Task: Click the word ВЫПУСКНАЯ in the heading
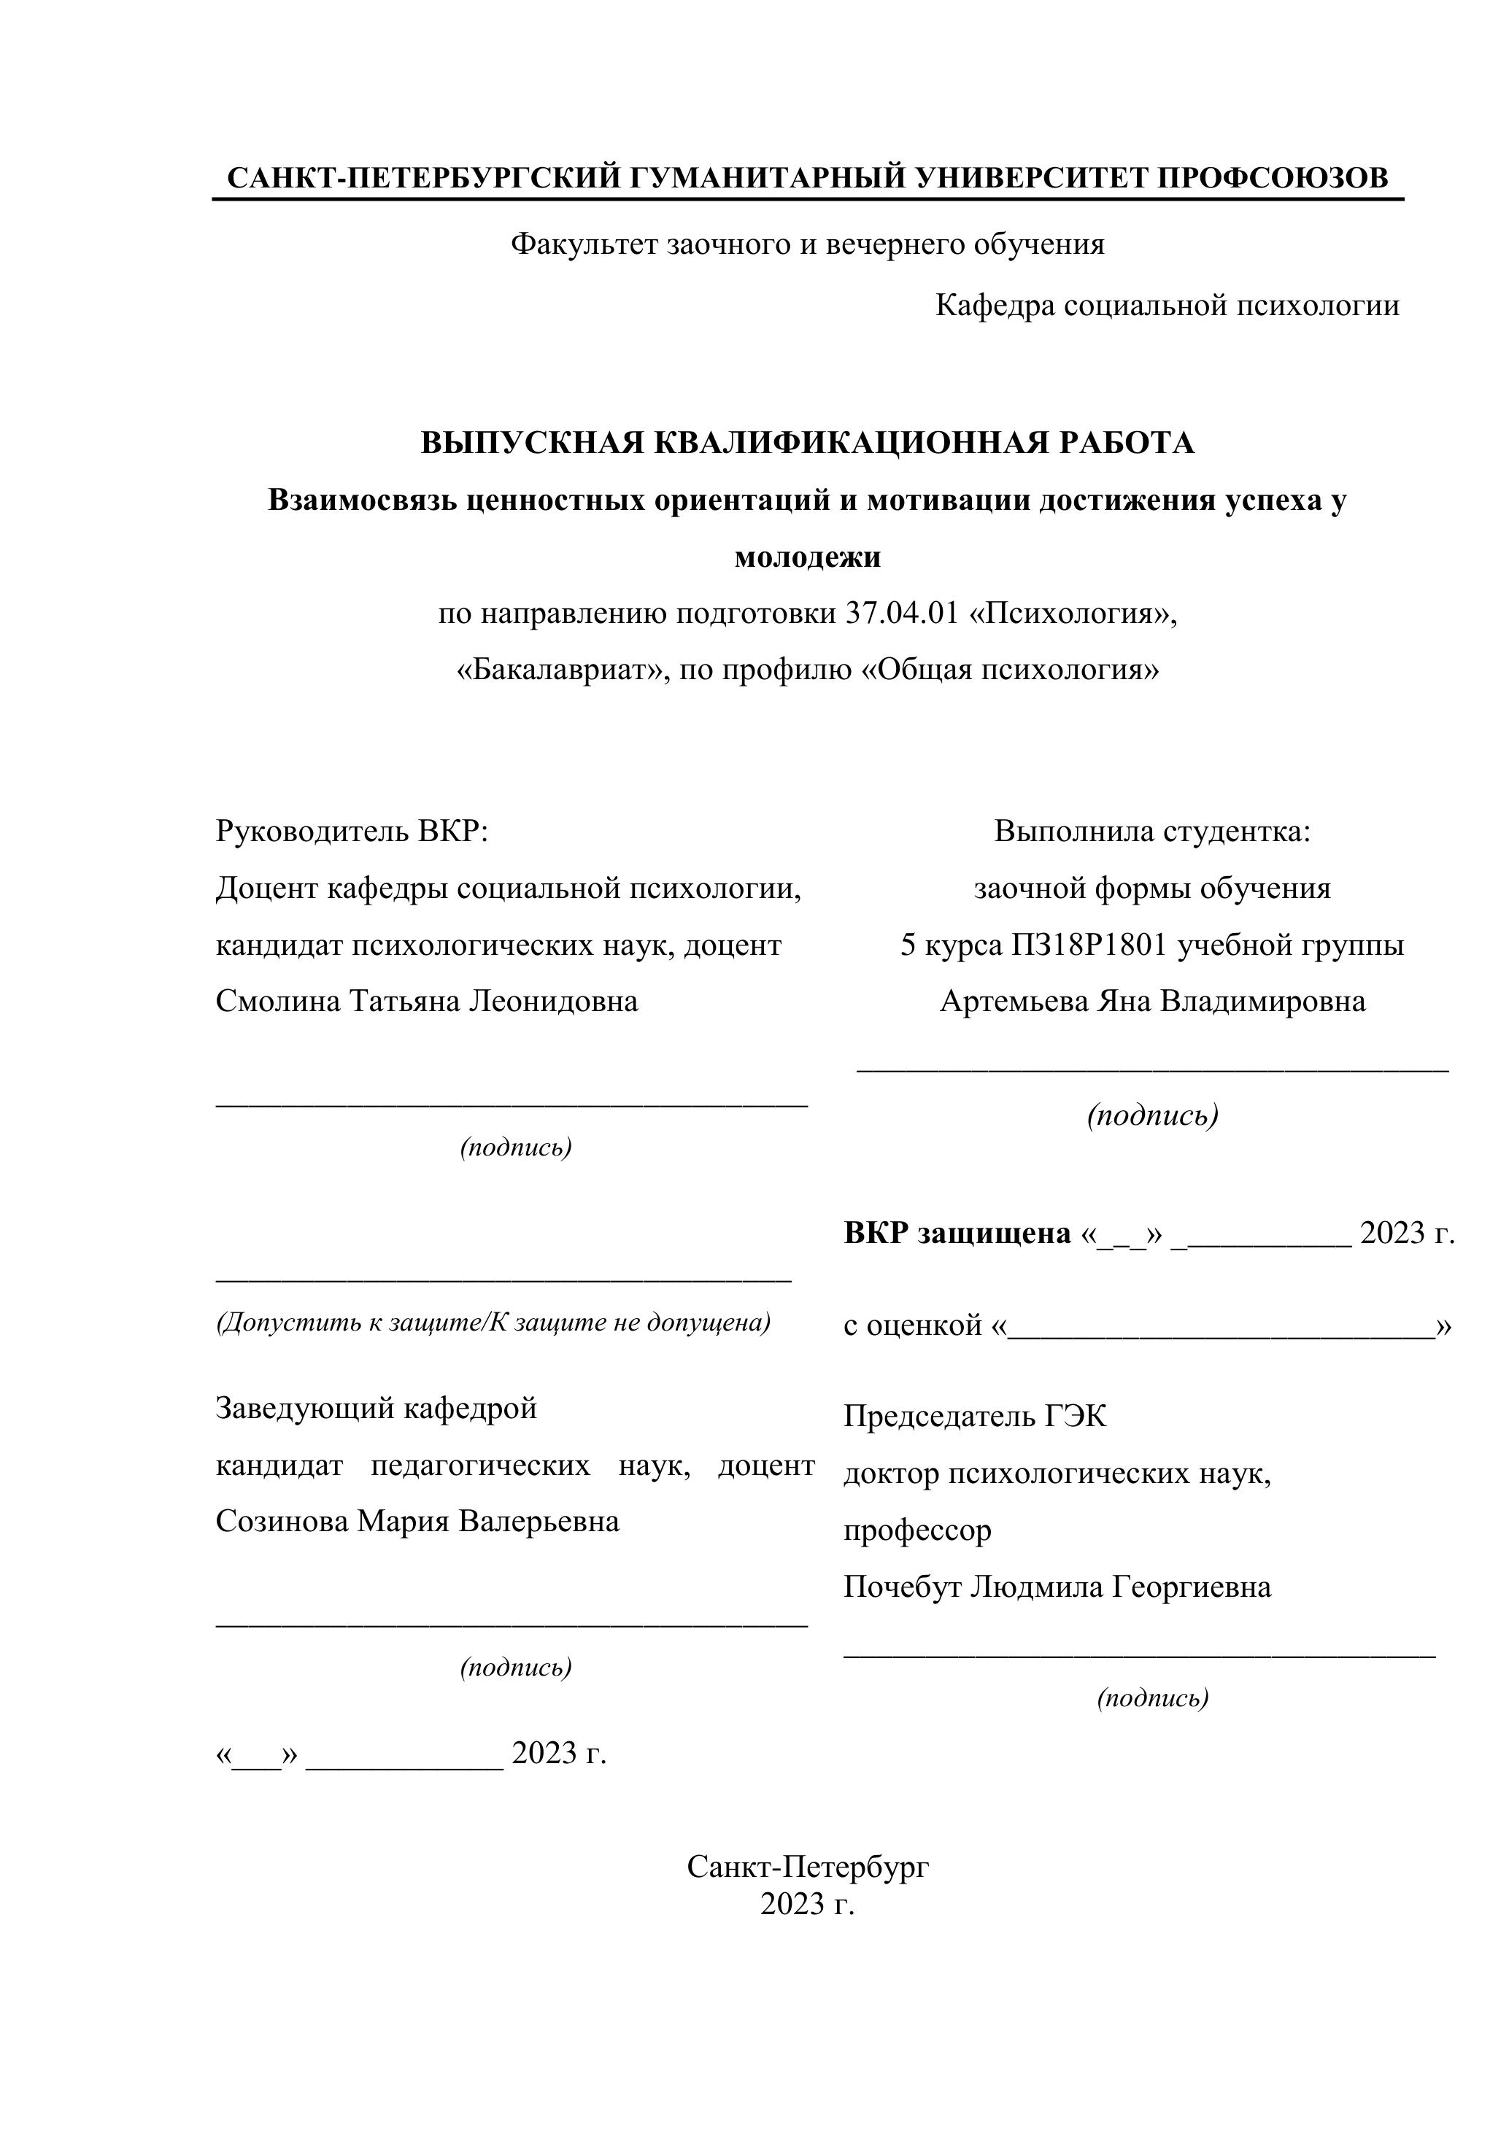click(x=533, y=443)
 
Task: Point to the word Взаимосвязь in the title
click(x=363, y=500)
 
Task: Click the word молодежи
click(x=808, y=557)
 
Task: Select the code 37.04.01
click(x=901, y=614)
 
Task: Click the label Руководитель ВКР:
click(x=351, y=831)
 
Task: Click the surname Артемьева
click(x=1015, y=1001)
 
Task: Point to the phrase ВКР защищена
click(x=957, y=1233)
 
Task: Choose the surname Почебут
click(x=902, y=1586)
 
